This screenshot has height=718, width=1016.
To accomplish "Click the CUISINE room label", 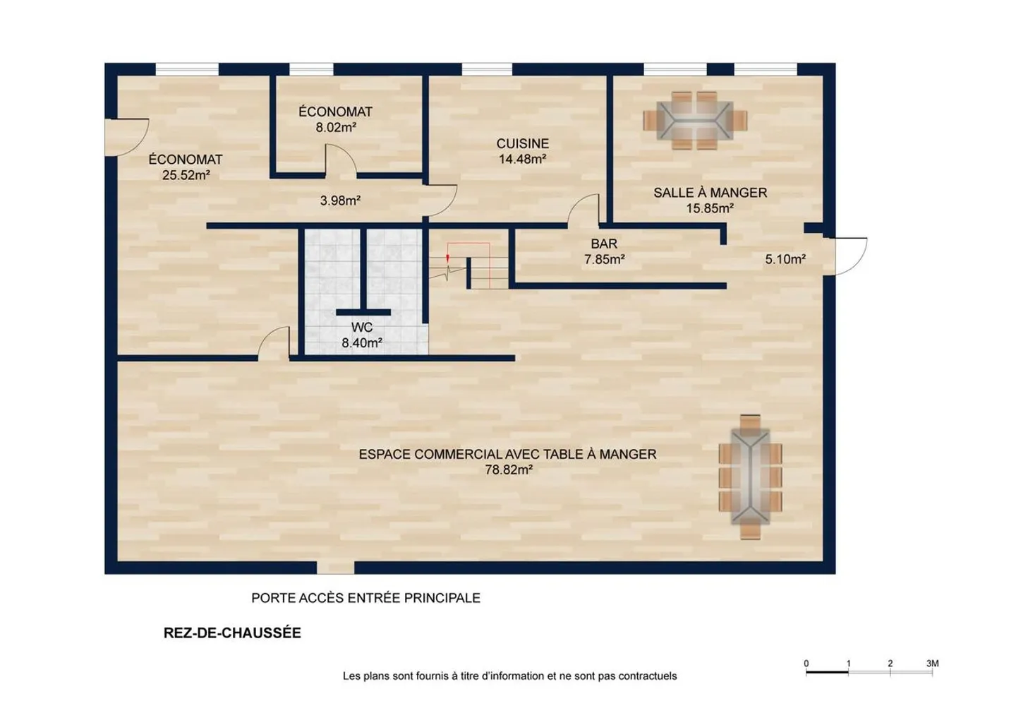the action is pos(523,143).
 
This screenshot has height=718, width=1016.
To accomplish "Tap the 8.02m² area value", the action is pos(336,128).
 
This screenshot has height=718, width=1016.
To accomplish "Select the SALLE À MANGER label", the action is pos(710,193).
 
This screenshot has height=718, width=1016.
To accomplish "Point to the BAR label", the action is pos(604,244).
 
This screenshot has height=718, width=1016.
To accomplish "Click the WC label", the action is pos(362,328).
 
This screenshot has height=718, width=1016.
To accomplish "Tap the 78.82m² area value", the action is pos(509,470).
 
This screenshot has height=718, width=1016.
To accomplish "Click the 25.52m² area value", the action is pos(186,175).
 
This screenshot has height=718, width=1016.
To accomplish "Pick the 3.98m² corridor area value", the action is pos(340,201).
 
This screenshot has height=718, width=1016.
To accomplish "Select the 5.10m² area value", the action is pos(785,260).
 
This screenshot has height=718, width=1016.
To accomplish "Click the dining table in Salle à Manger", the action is pos(695,120).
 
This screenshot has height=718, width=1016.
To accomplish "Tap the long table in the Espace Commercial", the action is pos(750,477).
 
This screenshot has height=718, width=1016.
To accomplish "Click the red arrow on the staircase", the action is pos(447,258).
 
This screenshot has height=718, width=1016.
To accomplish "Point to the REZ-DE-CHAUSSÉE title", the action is pos(232,633).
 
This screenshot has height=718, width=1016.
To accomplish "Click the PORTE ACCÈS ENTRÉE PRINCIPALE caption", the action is pos(365,598).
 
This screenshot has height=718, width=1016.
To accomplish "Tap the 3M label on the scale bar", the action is pos(932,664).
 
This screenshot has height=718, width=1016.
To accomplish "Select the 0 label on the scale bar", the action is pos(806,664).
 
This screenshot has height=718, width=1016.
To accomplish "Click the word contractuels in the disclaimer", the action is pos(648,676).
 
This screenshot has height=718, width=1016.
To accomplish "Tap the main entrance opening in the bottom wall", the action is pos(335,568).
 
